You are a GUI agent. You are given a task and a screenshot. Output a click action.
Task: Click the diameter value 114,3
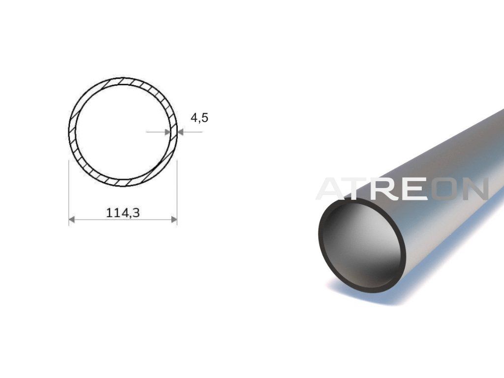pos(123,213)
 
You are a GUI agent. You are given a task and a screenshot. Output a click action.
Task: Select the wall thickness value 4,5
pos(199,118)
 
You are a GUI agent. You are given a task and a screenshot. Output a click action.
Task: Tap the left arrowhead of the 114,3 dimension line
pos(72,220)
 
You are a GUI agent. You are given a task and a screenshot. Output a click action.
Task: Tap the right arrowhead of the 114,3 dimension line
pos(174,220)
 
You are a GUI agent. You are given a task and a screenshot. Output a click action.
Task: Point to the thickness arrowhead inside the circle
pos(167,132)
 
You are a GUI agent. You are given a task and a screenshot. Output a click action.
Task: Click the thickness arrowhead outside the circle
pos(180,132)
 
